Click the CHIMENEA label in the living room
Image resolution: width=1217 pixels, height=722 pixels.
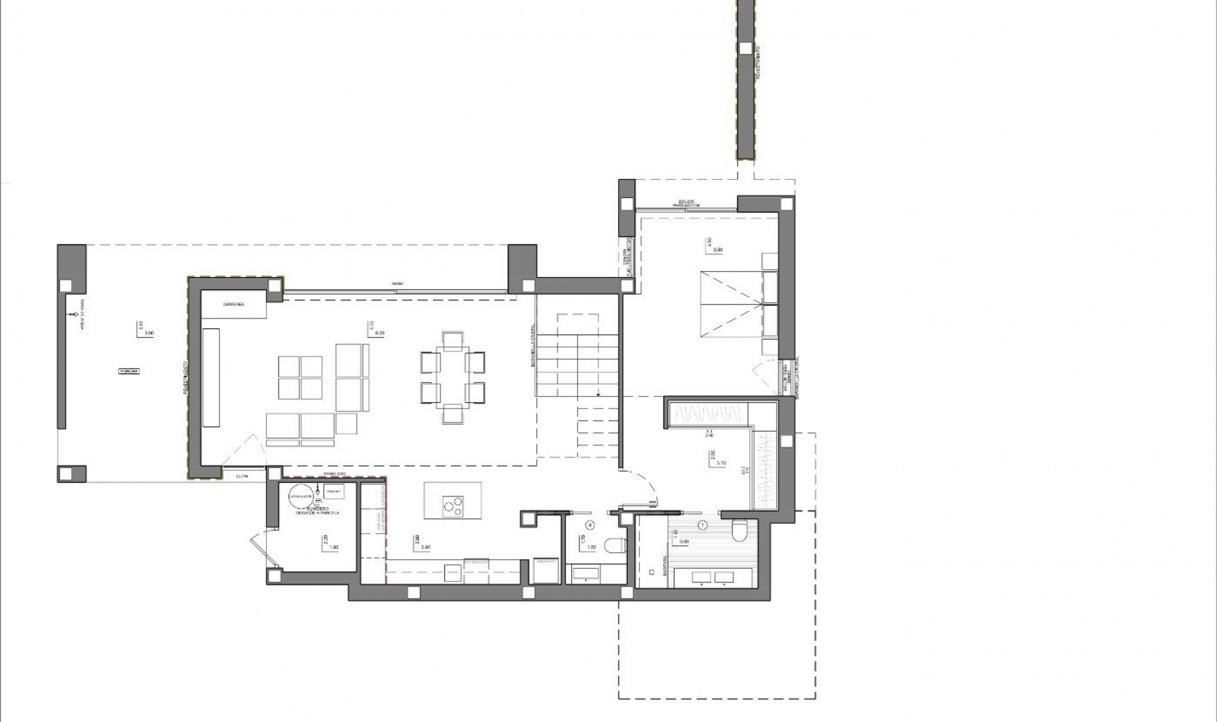(234, 305)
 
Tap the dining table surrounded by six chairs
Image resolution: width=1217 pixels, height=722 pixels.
(453, 377)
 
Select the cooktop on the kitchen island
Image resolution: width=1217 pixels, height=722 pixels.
(453, 505)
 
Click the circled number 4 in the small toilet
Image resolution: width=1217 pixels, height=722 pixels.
(590, 525)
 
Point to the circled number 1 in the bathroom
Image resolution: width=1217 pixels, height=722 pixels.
(702, 525)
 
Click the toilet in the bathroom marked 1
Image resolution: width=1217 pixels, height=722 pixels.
(740, 531)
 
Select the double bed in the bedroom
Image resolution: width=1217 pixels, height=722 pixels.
(732, 305)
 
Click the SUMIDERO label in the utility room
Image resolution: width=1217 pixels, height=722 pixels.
(317, 509)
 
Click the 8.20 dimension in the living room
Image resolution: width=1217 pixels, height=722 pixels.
(380, 332)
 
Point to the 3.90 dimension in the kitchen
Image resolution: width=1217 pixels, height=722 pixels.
(426, 547)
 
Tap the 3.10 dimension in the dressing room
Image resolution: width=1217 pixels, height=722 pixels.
(721, 463)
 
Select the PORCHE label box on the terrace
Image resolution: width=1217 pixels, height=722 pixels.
(129, 371)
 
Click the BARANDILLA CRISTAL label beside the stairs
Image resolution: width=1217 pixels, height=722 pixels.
(534, 346)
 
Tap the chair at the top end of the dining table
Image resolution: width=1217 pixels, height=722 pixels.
(453, 340)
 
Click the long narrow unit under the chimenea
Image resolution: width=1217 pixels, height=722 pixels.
(211, 377)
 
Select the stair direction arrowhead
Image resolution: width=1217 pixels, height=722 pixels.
(598, 394)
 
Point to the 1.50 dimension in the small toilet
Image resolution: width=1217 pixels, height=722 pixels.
(591, 547)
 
